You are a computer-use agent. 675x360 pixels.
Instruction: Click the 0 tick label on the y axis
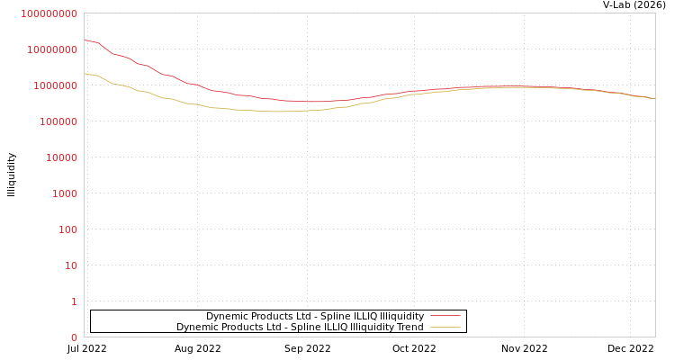pyautogui.click(x=74, y=337)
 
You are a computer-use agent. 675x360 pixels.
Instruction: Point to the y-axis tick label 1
pyautogui.click(x=74, y=301)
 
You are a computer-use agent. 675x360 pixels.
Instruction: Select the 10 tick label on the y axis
pyautogui.click(x=70, y=265)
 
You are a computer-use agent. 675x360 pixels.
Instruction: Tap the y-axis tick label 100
pyautogui.click(x=67, y=229)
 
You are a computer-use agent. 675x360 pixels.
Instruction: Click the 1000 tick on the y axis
pyautogui.click(x=65, y=193)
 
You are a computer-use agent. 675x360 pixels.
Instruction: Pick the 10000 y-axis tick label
pyautogui.click(x=61, y=157)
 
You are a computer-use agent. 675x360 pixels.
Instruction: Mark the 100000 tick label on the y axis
pyautogui.click(x=58, y=121)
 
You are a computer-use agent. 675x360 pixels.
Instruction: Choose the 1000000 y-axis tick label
pyautogui.click(x=55, y=85)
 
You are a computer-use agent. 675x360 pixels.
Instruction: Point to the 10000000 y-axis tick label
pyautogui.click(x=52, y=49)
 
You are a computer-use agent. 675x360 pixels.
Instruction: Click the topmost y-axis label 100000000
pyautogui.click(x=49, y=13)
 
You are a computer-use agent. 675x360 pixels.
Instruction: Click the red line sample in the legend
pyautogui.click(x=445, y=316)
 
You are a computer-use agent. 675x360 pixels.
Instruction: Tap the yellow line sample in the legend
pyautogui.click(x=445, y=327)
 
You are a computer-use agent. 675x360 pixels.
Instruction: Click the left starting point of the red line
pyautogui.click(x=85, y=40)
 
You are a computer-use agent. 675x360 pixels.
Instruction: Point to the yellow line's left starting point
pyautogui.click(x=85, y=73)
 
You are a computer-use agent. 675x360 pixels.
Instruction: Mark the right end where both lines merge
pyautogui.click(x=653, y=98)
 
